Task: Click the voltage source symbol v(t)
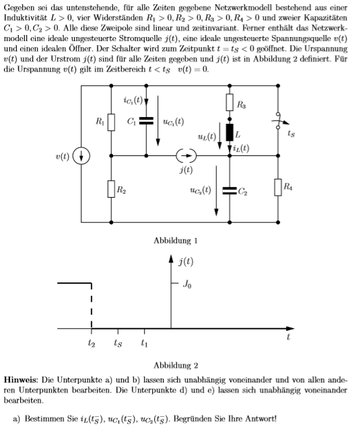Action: [x=81, y=156]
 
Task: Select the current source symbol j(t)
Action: [x=186, y=156]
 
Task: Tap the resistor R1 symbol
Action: [x=111, y=122]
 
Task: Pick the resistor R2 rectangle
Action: [x=111, y=189]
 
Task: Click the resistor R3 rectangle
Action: [x=229, y=102]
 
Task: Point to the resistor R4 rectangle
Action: [x=278, y=188]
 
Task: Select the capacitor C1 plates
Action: [x=146, y=121]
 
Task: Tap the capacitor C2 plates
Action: [x=229, y=191]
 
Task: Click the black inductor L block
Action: [x=229, y=132]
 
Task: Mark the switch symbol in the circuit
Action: [x=279, y=120]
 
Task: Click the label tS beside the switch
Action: [x=291, y=134]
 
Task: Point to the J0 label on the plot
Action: [x=187, y=284]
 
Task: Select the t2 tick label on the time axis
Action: [x=92, y=343]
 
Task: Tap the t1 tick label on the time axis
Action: [x=144, y=343]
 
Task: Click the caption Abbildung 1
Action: [x=176, y=241]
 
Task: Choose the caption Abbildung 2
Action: [x=176, y=366]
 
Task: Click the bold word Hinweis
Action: [x=22, y=380]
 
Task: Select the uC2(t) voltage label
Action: [x=201, y=190]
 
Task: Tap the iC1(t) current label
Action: [x=133, y=100]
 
